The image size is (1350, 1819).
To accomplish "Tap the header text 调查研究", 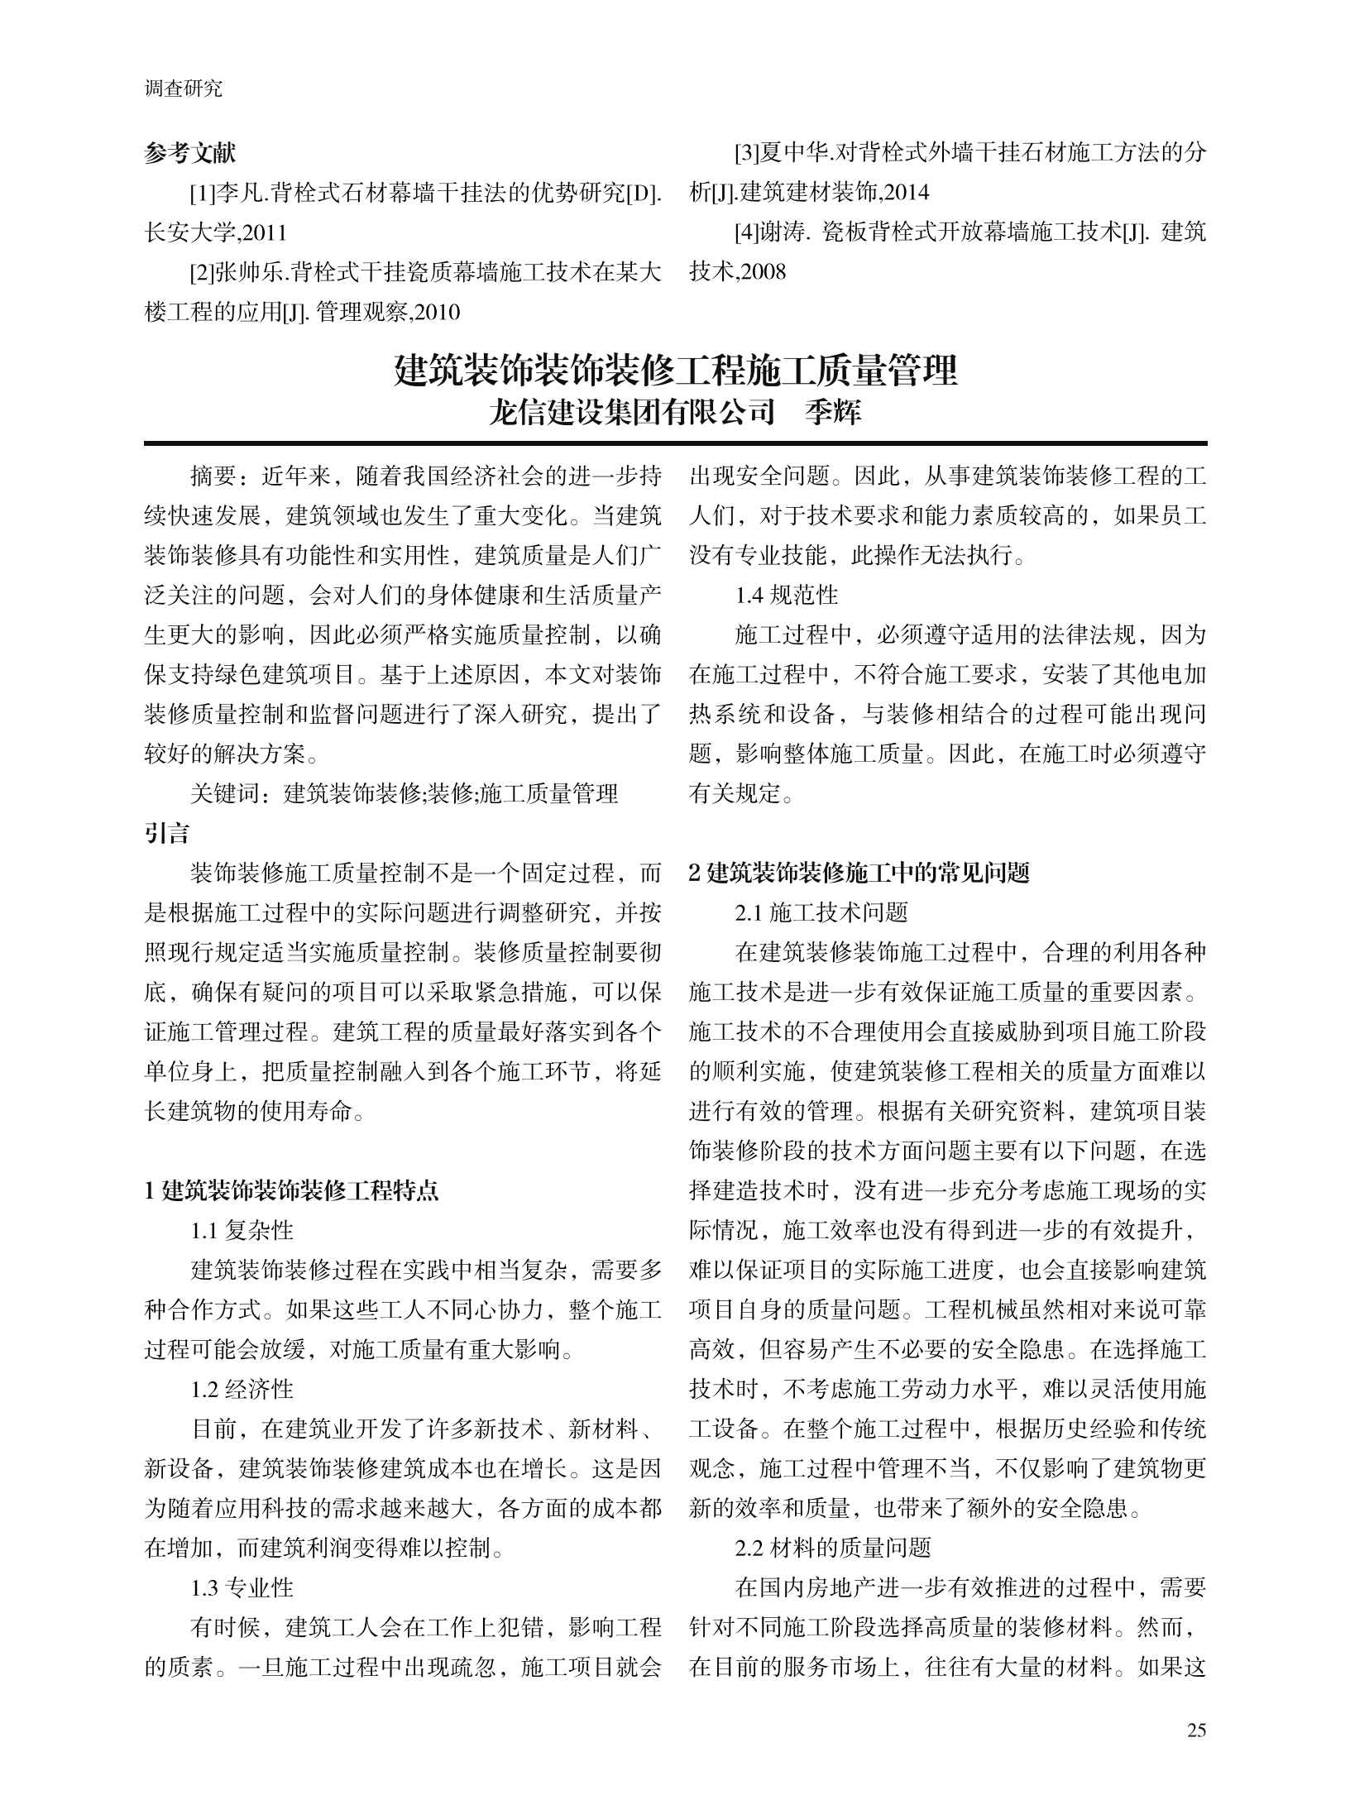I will click(184, 89).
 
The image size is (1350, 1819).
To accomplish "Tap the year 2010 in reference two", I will click(435, 313).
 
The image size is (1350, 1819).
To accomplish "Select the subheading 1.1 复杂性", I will click(242, 1231).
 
